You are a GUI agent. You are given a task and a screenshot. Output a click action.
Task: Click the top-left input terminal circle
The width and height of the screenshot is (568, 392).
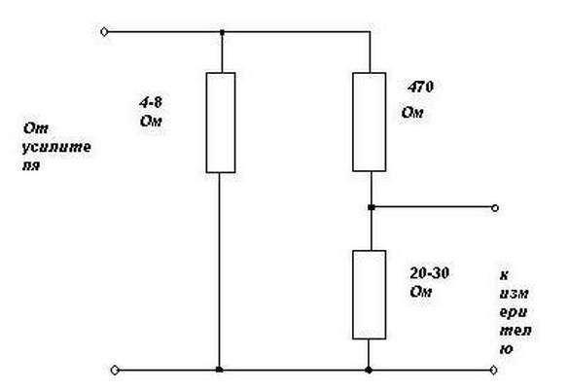click(x=104, y=32)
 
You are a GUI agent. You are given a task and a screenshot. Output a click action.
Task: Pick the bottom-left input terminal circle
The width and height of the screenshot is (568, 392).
click(x=115, y=370)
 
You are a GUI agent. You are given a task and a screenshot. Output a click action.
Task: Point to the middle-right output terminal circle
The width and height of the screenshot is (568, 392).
click(x=495, y=208)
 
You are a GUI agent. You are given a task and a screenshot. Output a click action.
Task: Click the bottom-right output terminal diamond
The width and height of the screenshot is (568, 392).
click(x=493, y=370)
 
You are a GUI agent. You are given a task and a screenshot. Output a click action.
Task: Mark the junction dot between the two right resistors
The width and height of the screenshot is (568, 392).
click(x=371, y=207)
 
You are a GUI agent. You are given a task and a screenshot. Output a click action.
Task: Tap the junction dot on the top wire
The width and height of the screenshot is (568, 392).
click(x=222, y=32)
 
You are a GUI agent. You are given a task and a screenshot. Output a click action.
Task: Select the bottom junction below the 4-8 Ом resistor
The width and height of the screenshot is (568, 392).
click(x=219, y=370)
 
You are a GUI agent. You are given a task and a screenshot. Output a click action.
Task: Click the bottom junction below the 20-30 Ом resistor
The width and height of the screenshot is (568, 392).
click(x=369, y=370)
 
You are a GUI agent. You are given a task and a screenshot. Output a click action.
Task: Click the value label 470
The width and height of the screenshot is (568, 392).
click(x=420, y=87)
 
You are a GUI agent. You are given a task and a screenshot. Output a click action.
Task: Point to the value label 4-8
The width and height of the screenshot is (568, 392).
click(x=151, y=102)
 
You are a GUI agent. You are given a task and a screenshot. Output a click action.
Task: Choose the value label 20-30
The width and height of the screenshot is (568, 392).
click(x=430, y=273)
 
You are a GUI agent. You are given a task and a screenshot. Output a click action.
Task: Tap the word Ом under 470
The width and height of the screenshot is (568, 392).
click(x=412, y=113)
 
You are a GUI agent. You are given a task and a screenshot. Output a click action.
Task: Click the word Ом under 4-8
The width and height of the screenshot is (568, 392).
click(x=151, y=121)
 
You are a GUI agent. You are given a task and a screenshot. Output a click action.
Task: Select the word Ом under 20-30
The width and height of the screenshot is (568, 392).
click(x=421, y=292)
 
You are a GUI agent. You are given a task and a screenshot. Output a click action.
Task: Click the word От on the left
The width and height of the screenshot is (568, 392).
click(x=35, y=128)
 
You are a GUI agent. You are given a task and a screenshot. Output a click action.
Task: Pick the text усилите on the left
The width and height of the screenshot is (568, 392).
click(x=56, y=148)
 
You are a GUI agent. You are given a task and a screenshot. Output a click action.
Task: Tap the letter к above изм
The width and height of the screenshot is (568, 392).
click(x=504, y=275)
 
